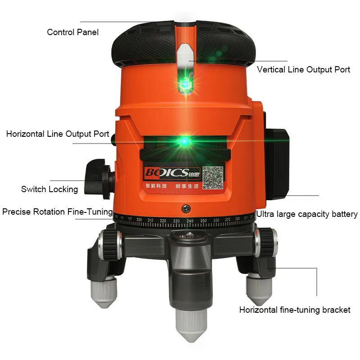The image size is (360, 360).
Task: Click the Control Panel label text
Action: [72, 32]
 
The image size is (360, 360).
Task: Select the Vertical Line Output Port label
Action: [303, 70]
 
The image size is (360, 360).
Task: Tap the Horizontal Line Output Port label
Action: [58, 134]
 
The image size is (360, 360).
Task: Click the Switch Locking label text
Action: [49, 189]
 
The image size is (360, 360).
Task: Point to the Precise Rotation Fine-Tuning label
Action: [57, 211]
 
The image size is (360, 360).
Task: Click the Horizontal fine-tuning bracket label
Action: [295, 310]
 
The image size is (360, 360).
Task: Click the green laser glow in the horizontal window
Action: [184, 141]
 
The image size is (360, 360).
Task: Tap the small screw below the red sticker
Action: [185, 208]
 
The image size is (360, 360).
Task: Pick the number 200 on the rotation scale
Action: [139, 220]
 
